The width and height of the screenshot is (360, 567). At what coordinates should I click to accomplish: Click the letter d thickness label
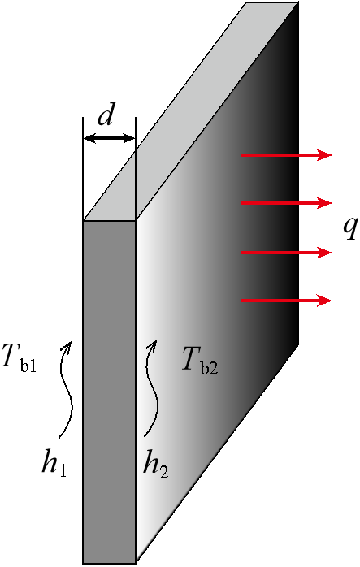click(106, 116)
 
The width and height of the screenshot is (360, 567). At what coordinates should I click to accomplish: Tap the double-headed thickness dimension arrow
click(109, 138)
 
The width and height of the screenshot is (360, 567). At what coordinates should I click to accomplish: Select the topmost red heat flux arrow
click(286, 155)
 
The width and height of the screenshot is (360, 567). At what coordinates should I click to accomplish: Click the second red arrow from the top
click(286, 203)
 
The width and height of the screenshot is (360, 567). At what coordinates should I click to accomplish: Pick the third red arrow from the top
click(286, 252)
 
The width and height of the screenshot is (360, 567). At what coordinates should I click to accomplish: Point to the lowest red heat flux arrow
click(286, 301)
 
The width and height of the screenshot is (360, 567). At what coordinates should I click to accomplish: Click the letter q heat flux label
click(350, 228)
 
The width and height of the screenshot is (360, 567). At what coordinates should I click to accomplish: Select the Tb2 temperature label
click(200, 360)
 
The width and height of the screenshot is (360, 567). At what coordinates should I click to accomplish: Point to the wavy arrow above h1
click(66, 389)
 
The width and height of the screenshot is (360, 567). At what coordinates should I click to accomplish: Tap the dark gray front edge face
click(109, 392)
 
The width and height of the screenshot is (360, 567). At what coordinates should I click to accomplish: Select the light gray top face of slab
click(191, 111)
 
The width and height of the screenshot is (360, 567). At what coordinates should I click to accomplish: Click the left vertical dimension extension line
click(83, 169)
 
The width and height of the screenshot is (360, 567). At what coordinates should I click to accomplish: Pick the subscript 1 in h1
click(63, 471)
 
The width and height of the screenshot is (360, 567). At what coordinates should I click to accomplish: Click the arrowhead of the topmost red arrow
click(324, 155)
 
